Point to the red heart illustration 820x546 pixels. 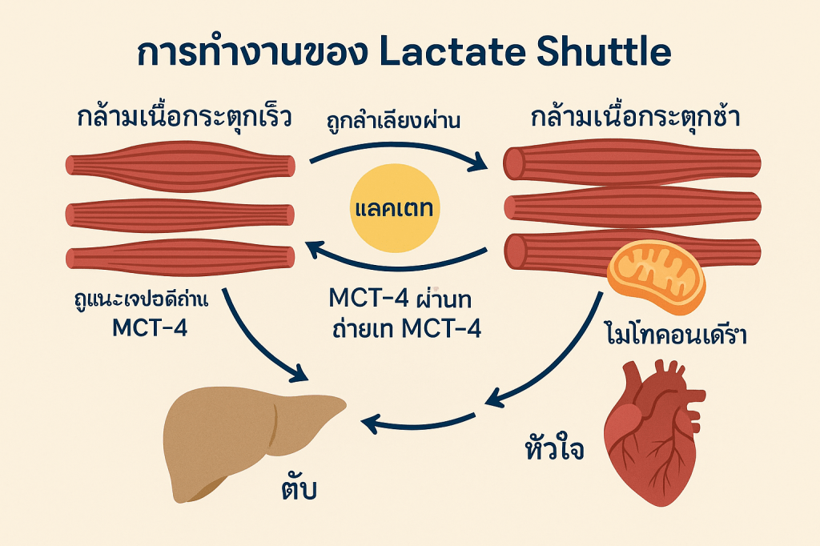[x=649, y=432]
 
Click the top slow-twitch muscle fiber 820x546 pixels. [x=633, y=163]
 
